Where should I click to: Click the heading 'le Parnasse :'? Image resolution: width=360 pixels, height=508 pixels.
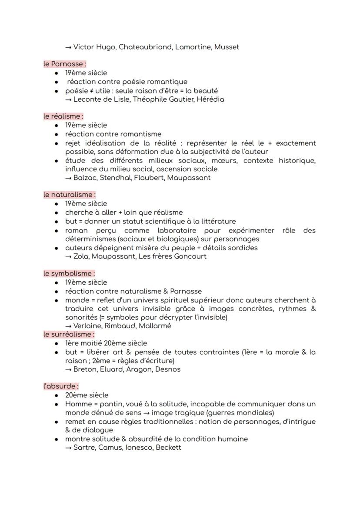(x=64, y=64)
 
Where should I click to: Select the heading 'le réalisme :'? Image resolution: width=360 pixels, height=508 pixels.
(x=63, y=116)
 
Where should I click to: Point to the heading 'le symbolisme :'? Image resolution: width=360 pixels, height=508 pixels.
(x=69, y=273)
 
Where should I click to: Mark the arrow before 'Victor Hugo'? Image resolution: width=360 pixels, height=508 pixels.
(x=68, y=47)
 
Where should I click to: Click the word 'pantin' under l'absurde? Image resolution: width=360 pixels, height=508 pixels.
(x=112, y=404)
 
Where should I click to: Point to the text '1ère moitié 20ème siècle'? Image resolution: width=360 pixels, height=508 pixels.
(x=106, y=343)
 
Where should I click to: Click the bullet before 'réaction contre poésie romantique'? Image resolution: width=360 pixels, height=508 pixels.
(x=57, y=82)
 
